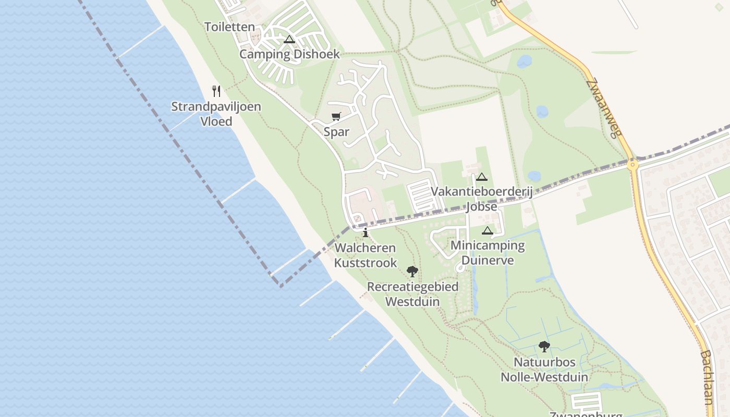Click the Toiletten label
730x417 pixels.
pos(230,27)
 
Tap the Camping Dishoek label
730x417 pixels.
pos(289,54)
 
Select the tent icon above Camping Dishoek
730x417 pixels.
pos(289,39)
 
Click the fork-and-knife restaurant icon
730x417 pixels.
pos(216,91)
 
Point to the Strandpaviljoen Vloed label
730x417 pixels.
pos(216,114)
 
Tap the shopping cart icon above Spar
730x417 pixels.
pos(336,117)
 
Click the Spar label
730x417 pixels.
pos(336,132)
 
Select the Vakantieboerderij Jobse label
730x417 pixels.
pos(481,199)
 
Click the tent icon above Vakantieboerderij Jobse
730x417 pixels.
pos(481,177)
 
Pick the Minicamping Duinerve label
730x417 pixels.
pos(488,252)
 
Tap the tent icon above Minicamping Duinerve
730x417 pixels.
pos(488,230)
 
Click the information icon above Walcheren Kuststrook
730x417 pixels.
pos(366,232)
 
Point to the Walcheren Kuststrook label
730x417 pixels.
pos(366,255)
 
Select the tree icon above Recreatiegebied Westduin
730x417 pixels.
pos(412,271)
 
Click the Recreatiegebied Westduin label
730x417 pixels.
pos(412,294)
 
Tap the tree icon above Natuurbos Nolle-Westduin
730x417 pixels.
pos(544,346)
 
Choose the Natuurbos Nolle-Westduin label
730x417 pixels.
pos(544,370)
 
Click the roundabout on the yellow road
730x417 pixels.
pos(633,165)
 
